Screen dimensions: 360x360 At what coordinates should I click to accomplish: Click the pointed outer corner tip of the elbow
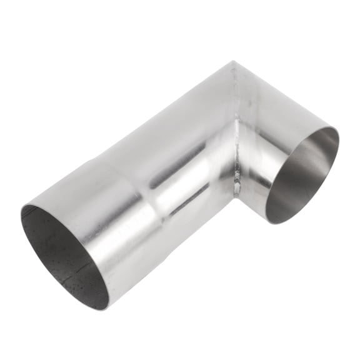pyautogui.click(x=232, y=62)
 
